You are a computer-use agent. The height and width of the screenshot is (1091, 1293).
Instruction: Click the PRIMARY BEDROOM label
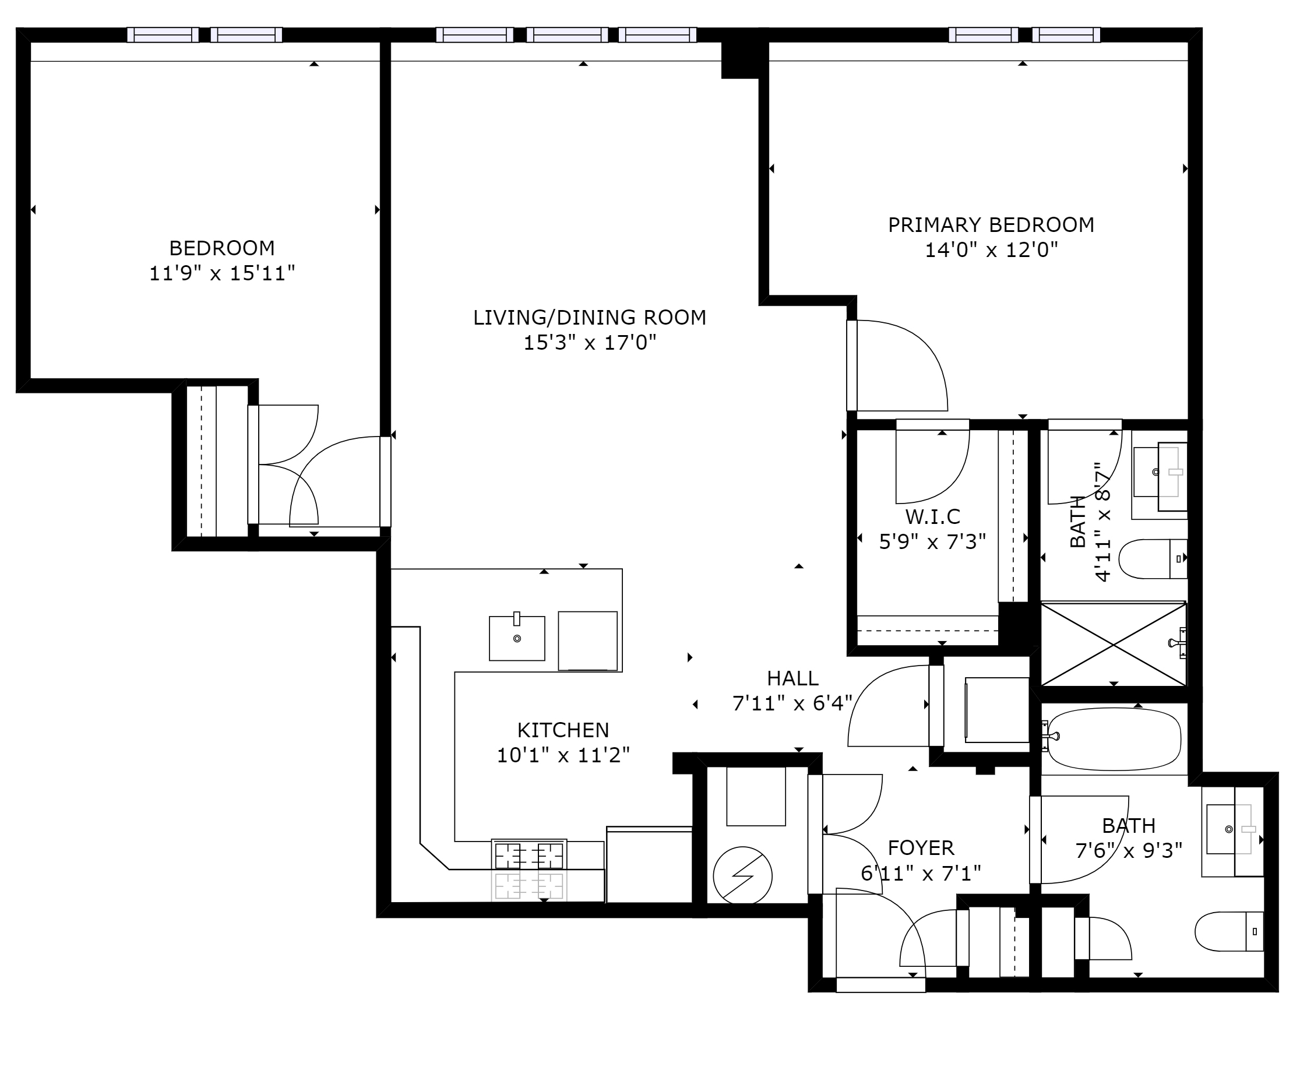click(991, 224)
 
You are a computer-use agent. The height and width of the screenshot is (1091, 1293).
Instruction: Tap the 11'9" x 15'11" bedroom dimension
click(222, 273)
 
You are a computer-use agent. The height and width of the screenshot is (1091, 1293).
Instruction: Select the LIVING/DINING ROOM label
click(589, 317)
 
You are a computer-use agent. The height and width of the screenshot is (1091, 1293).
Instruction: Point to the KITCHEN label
click(563, 730)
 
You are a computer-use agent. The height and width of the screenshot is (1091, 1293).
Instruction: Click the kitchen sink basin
click(517, 638)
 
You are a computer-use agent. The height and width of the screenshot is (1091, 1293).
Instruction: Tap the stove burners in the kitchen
click(529, 857)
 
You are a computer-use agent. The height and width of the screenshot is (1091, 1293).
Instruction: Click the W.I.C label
click(932, 516)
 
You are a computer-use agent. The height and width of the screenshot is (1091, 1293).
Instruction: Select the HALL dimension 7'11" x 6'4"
click(792, 703)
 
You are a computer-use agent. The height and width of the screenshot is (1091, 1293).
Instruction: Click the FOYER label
click(921, 848)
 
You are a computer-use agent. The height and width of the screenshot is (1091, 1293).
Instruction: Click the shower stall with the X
click(1113, 644)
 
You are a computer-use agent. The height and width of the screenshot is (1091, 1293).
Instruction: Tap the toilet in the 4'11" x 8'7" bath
click(1153, 558)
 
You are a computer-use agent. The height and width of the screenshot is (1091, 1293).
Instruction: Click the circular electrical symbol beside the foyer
click(743, 876)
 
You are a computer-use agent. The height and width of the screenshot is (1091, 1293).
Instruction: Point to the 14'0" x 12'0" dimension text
click(991, 250)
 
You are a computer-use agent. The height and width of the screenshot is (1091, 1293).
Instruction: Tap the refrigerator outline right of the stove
click(649, 865)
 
